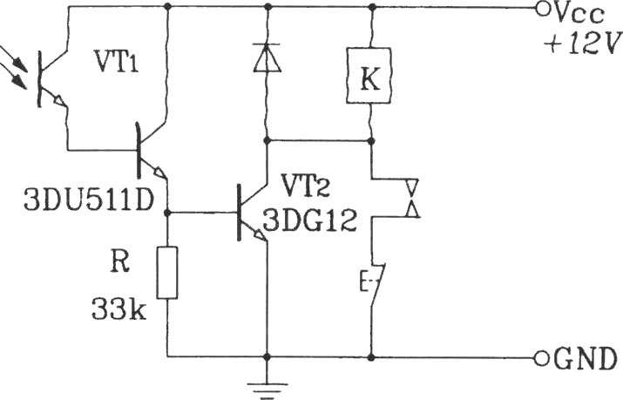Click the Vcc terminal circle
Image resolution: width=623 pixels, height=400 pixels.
[542, 8]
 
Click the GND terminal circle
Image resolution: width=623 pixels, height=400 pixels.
[541, 359]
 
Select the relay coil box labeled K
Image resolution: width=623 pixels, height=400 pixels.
[369, 76]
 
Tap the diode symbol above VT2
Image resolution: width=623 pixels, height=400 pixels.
[267, 58]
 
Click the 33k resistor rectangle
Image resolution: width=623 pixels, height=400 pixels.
[167, 273]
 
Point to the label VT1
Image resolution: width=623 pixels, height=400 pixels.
[116, 61]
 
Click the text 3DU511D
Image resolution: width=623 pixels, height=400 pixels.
[89, 200]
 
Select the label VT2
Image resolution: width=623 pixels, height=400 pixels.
[306, 186]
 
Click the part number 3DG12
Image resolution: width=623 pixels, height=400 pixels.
[309, 220]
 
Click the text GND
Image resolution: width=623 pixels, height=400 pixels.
[585, 359]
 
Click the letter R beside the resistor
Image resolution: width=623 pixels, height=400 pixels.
[119, 262]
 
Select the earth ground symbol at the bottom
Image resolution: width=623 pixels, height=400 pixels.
[267, 390]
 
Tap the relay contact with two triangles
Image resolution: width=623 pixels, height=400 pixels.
[411, 198]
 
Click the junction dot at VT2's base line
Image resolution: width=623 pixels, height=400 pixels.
[167, 214]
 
